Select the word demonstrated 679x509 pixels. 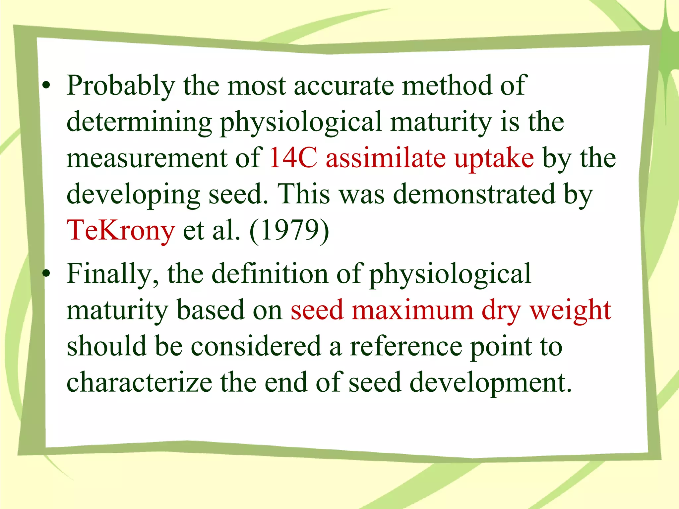click(x=474, y=194)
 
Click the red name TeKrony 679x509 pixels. click(x=121, y=231)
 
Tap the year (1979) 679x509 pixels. click(x=289, y=231)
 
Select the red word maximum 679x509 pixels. click(x=412, y=310)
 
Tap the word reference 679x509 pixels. click(x=406, y=347)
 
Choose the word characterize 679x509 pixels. click(x=139, y=382)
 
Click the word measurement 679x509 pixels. click(x=147, y=158)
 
